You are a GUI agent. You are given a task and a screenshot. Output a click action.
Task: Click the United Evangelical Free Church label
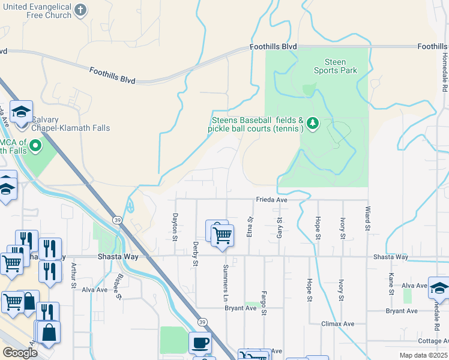(37, 10)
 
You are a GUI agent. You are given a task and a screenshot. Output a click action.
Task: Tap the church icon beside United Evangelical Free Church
(82, 10)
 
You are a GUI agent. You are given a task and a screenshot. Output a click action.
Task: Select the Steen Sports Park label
(335, 66)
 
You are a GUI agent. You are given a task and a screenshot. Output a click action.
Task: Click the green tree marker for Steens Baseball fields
(312, 124)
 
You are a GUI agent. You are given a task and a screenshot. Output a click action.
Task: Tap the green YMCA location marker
(36, 145)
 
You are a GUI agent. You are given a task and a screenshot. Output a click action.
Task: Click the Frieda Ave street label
(273, 200)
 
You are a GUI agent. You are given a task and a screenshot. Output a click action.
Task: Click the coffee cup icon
(200, 343)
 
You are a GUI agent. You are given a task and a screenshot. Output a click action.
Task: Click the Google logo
(20, 353)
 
